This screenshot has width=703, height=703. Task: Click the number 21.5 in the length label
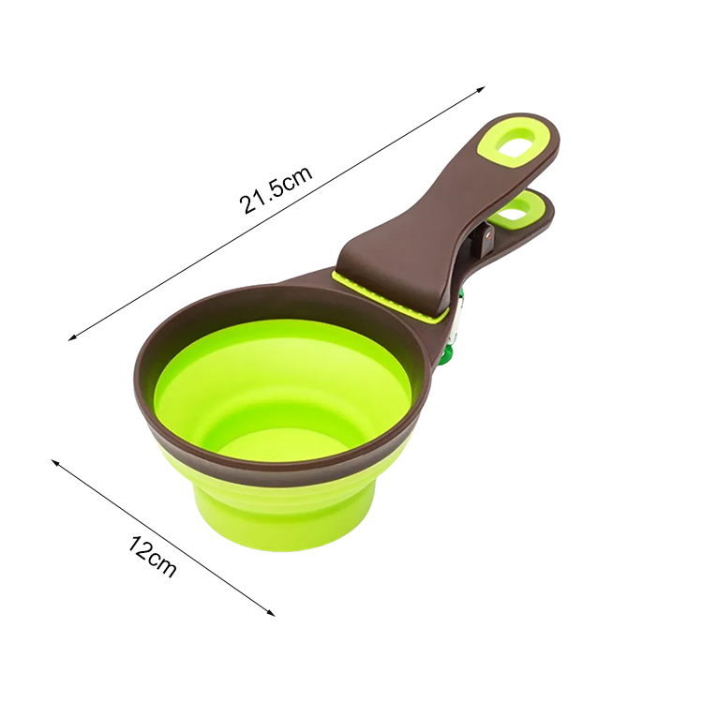(x=260, y=194)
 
